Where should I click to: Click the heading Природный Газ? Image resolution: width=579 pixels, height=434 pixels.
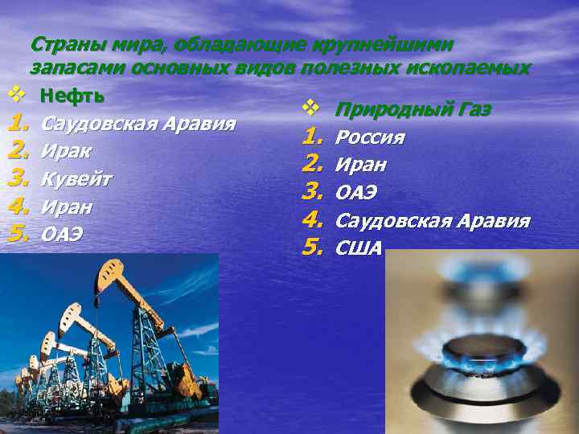[413, 109]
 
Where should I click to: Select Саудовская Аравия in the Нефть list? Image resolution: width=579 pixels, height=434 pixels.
[137, 124]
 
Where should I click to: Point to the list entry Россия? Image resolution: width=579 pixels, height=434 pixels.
[369, 137]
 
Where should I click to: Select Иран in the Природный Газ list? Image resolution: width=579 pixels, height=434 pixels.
[360, 165]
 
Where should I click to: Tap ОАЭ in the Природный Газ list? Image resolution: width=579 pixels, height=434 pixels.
[356, 193]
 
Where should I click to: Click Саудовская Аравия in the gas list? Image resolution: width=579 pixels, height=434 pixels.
[432, 220]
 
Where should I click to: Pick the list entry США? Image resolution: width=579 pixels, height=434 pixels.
[359, 248]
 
